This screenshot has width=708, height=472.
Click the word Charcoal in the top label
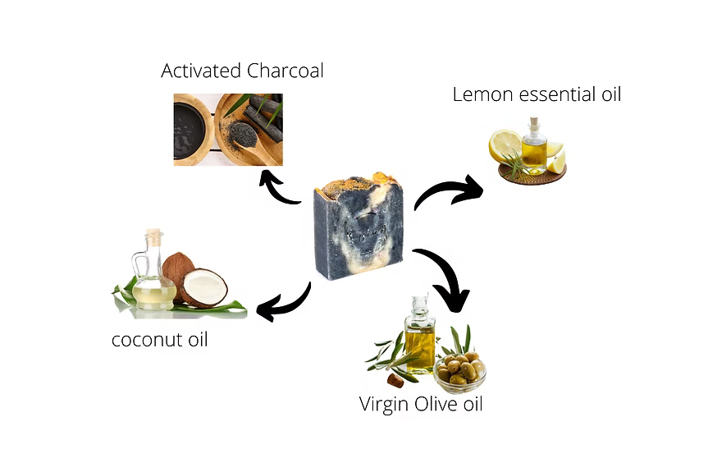pos(285,71)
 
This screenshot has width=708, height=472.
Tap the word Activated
pos(201,71)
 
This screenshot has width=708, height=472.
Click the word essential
pos(558,95)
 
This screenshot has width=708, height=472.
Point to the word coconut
pos(147,340)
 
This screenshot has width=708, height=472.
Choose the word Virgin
pos(384,404)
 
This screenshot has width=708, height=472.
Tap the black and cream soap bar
pos(359,225)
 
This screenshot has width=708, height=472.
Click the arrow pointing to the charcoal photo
pos(276,188)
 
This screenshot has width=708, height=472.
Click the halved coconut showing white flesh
pos(204,288)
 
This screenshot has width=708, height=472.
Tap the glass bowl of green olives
pos(460,369)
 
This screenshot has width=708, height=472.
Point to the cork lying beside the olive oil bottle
pos(395,380)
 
